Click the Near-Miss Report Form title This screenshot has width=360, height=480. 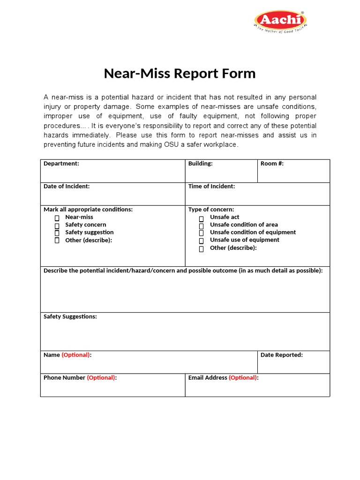click(x=180, y=74)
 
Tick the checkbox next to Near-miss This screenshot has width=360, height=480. click(x=57, y=218)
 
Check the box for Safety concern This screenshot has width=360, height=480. click(x=57, y=225)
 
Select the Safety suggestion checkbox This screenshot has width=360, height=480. click(x=57, y=233)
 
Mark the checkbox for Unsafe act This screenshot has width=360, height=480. click(x=201, y=219)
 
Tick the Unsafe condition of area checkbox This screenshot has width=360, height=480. click(x=201, y=226)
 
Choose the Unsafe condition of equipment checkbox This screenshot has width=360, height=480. click(x=201, y=233)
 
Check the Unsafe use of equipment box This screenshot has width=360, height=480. click(x=201, y=241)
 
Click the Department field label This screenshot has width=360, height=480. click(x=61, y=164)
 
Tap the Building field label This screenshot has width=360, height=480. click(x=200, y=164)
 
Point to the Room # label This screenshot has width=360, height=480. click(x=272, y=164)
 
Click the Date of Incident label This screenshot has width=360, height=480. click(x=67, y=186)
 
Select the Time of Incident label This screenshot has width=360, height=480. click(x=211, y=186)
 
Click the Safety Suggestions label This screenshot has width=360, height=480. click(x=70, y=316)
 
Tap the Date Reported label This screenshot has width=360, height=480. click(x=282, y=355)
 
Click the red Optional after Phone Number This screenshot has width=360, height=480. click(x=101, y=377)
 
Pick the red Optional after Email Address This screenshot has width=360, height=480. click(x=243, y=377)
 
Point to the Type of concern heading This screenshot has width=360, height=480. click(x=211, y=210)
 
